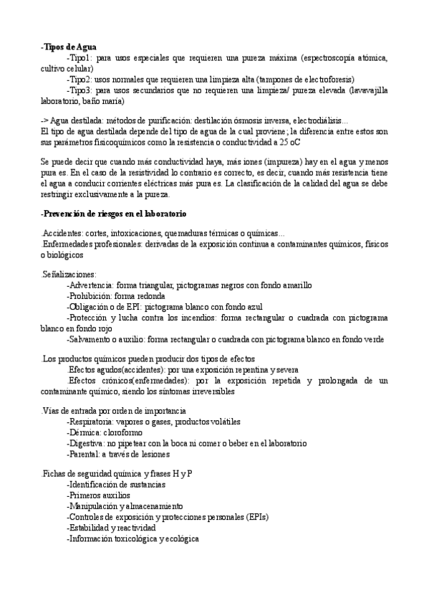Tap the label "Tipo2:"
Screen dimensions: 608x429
tap(79, 79)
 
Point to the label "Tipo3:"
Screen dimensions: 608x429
tap(79, 90)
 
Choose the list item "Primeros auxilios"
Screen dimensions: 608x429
tap(99, 495)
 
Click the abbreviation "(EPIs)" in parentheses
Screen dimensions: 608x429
tap(257, 517)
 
